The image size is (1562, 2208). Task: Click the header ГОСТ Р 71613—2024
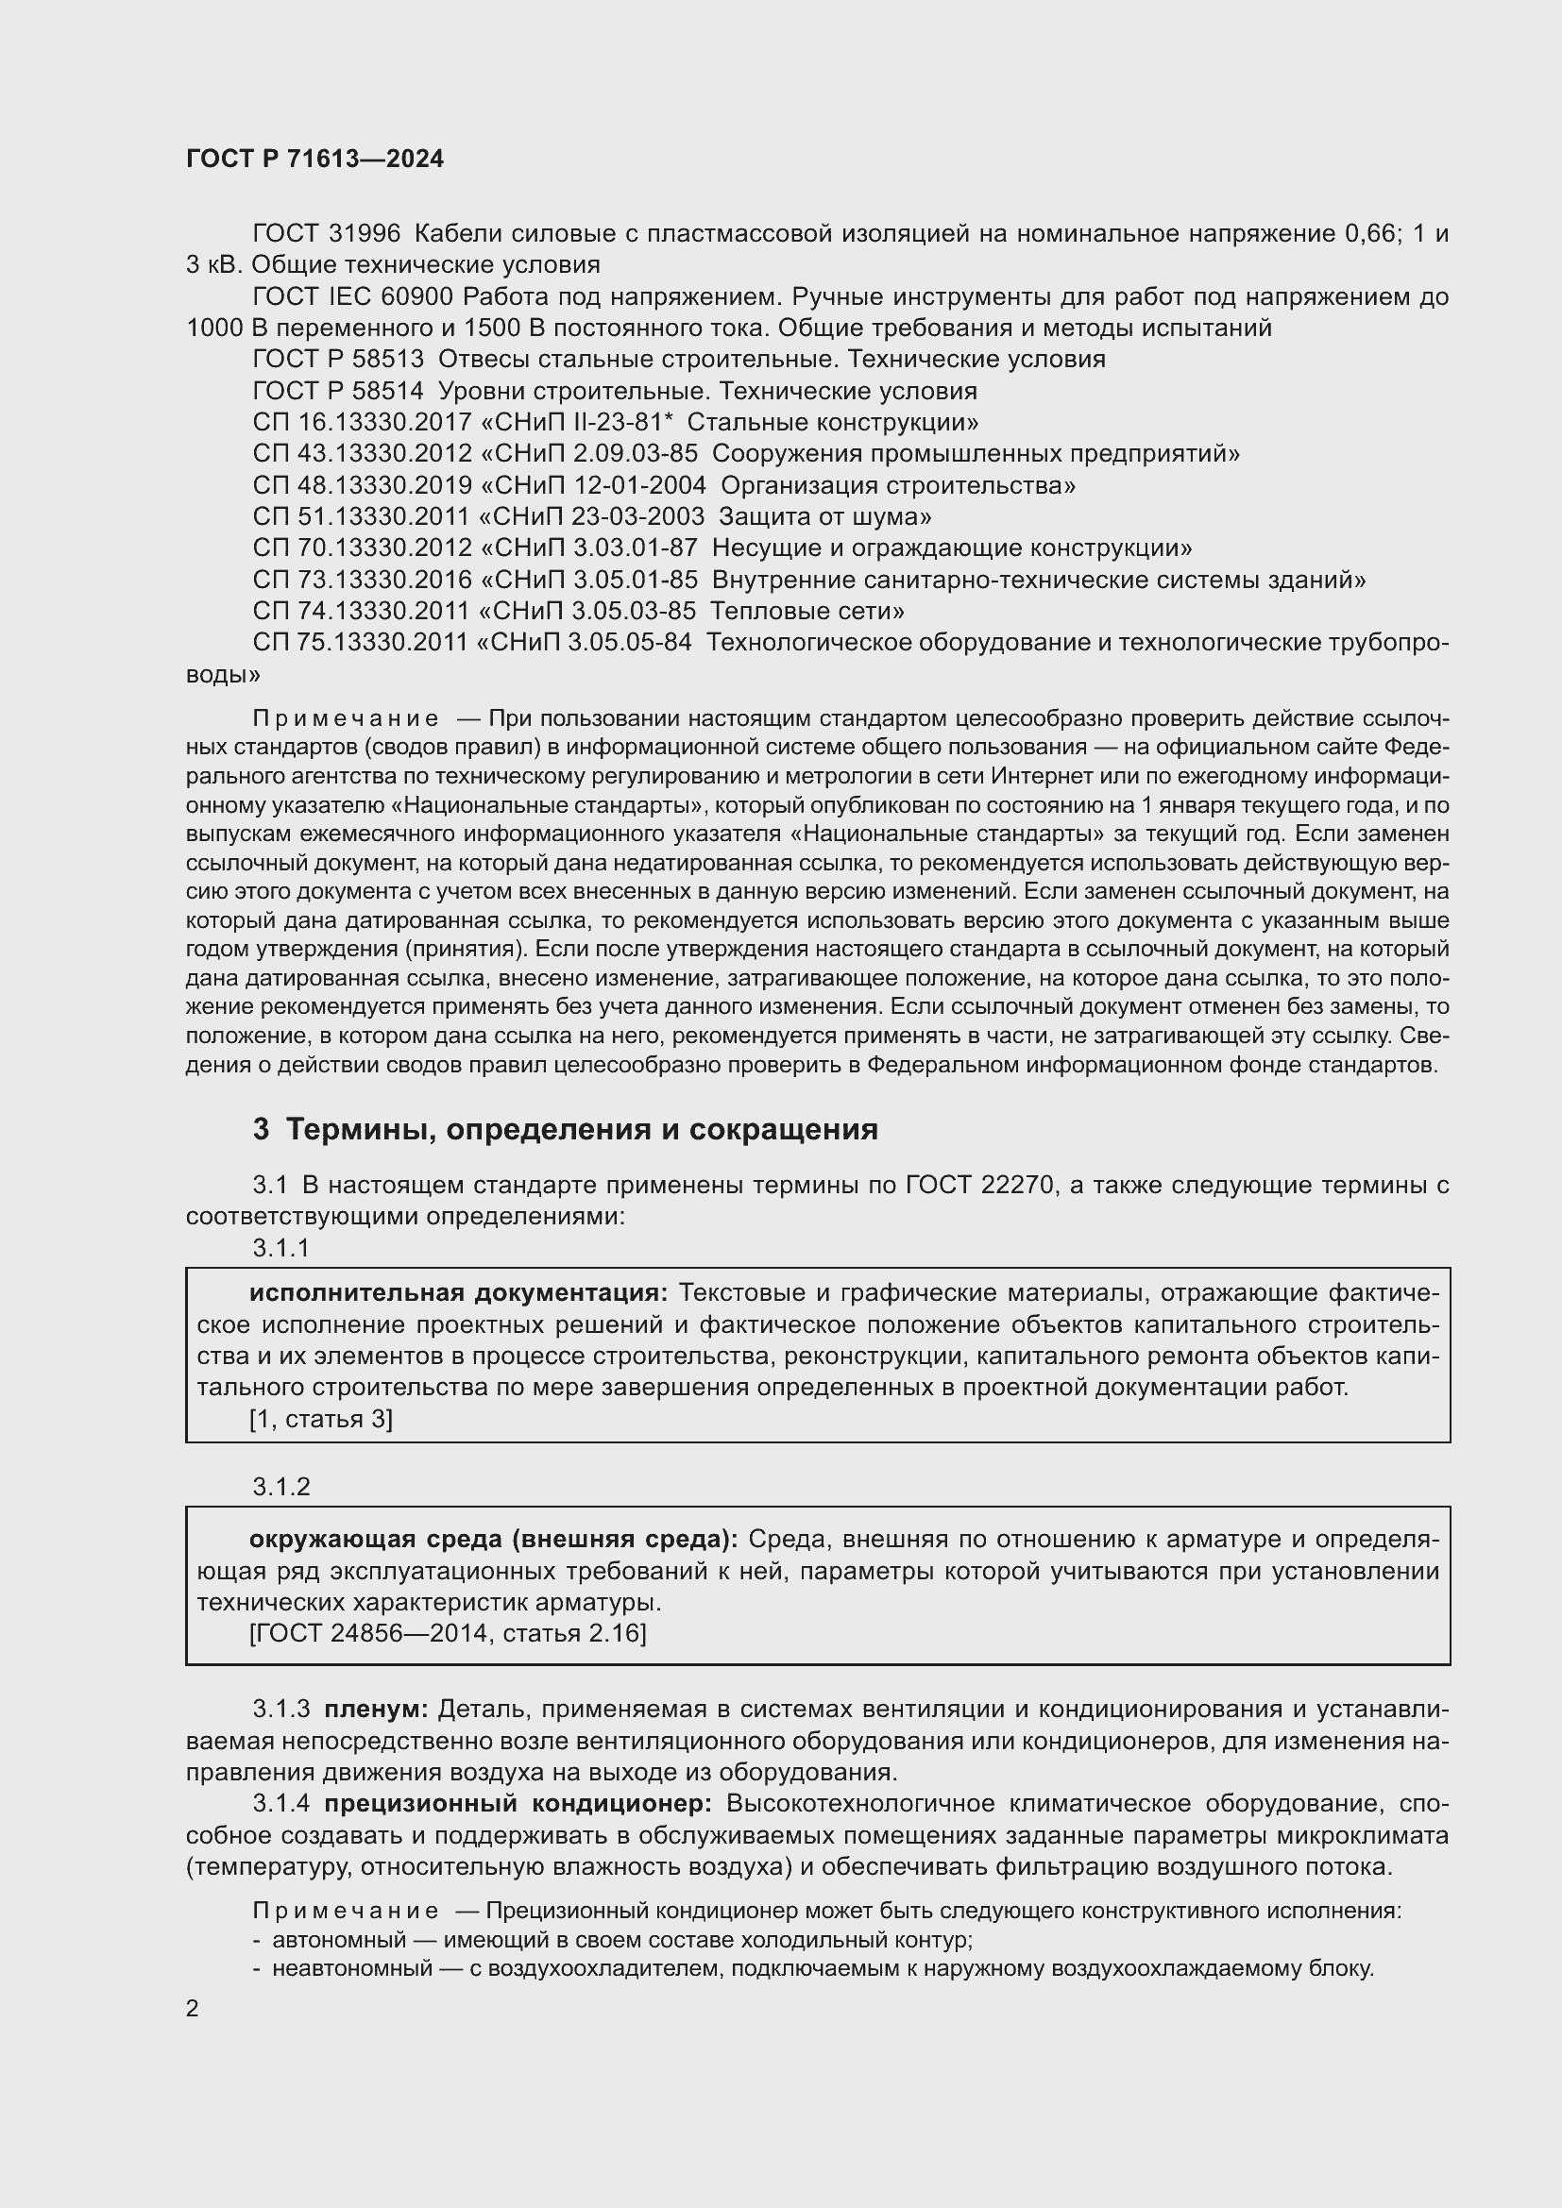coord(314,160)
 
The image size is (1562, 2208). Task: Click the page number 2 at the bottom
coord(193,2008)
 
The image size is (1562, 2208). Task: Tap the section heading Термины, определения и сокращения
coord(582,1129)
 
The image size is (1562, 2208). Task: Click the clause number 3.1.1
coord(280,1248)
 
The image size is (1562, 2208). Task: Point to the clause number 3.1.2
coord(280,1487)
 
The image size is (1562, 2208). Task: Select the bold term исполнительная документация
coord(458,1293)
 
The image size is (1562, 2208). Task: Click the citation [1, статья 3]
coord(320,1420)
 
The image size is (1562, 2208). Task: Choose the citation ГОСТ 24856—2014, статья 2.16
coord(448,1634)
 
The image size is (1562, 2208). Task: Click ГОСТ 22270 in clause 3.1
coord(982,1186)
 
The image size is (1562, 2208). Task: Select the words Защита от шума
coord(824,517)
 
